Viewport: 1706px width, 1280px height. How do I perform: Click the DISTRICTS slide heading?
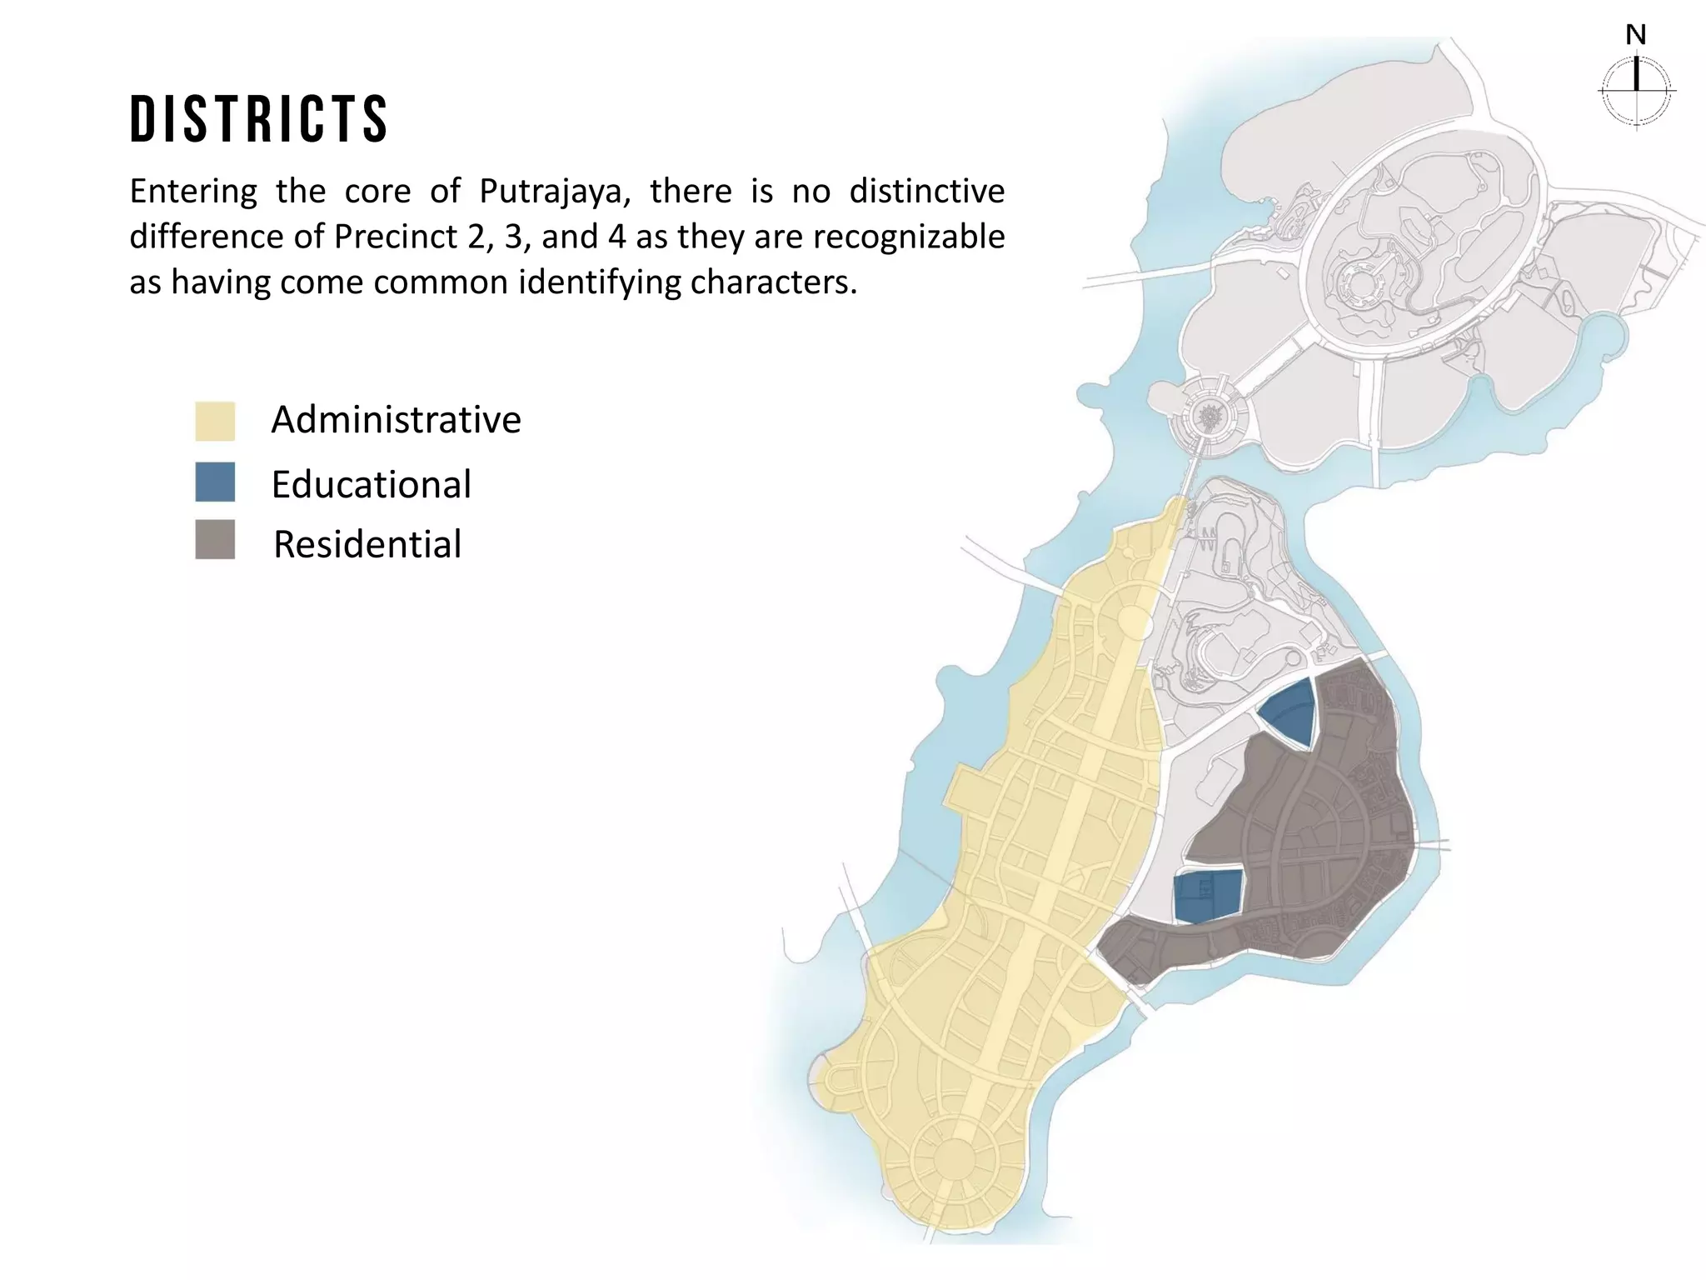(259, 119)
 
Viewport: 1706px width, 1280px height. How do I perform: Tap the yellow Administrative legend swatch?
(215, 421)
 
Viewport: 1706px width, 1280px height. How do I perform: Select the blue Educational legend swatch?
(215, 482)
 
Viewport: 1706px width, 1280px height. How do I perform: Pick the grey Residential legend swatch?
(215, 539)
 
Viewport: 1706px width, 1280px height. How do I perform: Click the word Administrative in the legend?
(396, 419)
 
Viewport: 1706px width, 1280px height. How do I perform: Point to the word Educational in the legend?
(371, 484)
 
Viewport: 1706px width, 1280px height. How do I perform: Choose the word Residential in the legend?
(367, 544)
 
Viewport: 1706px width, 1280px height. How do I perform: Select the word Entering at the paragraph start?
(193, 192)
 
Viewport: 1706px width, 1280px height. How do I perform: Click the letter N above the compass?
(1636, 35)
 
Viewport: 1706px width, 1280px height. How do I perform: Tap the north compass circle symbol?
(1637, 91)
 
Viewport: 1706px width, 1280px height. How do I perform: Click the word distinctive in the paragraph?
(926, 192)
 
